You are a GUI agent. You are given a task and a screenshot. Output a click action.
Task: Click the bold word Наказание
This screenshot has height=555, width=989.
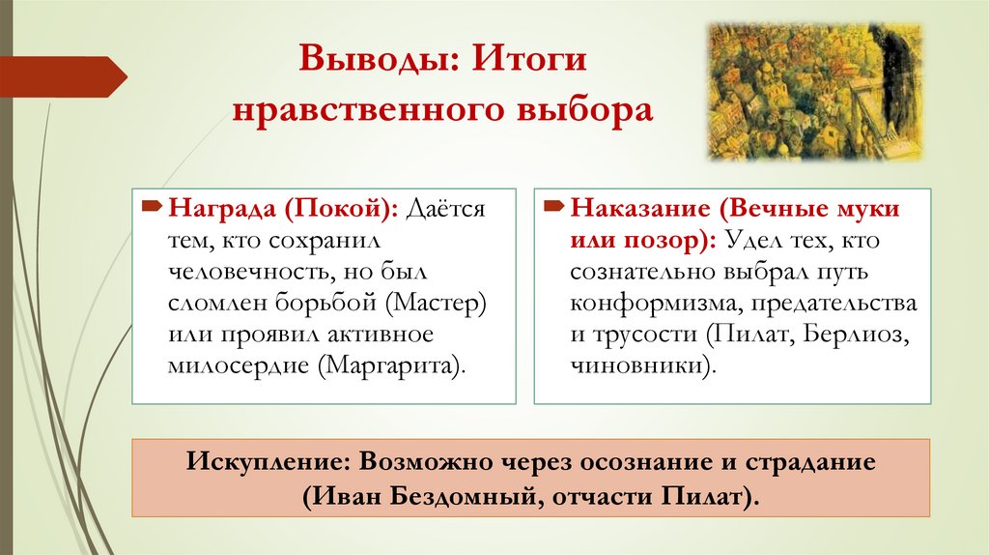[x=638, y=210]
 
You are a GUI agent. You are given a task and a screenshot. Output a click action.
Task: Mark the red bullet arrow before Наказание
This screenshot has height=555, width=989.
[x=552, y=207]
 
